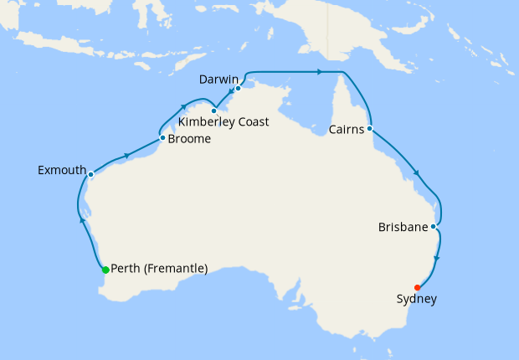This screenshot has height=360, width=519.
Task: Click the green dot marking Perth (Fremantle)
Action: point(105,270)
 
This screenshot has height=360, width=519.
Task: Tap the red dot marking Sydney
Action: point(418,288)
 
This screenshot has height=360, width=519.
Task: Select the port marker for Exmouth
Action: point(90,175)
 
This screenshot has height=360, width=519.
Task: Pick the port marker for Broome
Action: point(162,137)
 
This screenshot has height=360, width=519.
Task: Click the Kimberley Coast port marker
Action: point(214,111)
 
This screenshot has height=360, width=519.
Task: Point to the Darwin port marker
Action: point(239,88)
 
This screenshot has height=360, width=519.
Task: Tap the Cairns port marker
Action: point(369,129)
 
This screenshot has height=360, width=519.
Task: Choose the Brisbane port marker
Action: point(433,226)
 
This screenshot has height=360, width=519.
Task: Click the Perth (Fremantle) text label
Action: point(159,269)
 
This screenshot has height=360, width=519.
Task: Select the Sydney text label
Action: point(417,300)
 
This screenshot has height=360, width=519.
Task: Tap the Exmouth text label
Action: point(62,171)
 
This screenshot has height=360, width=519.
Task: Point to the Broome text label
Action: point(189,139)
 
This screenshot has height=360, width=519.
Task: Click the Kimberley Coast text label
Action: point(224,122)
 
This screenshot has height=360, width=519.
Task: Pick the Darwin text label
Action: point(218,80)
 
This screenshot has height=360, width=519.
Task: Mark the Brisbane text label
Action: point(403,228)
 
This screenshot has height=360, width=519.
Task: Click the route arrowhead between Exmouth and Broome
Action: point(126,155)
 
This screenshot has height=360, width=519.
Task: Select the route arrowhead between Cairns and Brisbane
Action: point(417,175)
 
